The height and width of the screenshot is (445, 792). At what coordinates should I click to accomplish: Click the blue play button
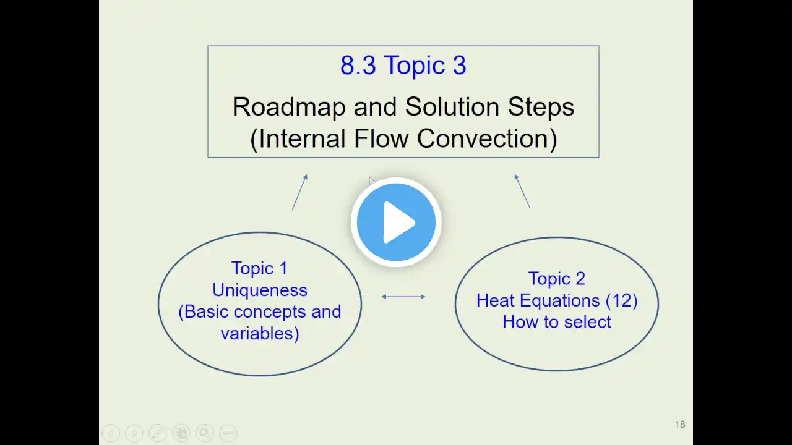pyautogui.click(x=396, y=222)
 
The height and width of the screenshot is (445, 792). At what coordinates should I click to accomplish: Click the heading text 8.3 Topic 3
pyautogui.click(x=403, y=66)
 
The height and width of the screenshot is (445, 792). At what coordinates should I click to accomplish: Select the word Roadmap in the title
pyautogui.click(x=289, y=107)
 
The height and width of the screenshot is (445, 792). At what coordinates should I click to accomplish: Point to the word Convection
pyautogui.click(x=487, y=138)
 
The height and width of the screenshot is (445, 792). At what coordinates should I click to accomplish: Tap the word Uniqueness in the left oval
pyautogui.click(x=260, y=290)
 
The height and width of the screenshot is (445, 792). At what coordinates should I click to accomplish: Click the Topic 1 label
pyautogui.click(x=259, y=268)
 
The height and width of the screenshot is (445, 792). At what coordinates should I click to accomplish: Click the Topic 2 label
pyautogui.click(x=557, y=279)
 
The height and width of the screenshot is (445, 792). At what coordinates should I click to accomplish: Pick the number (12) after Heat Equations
pyautogui.click(x=622, y=300)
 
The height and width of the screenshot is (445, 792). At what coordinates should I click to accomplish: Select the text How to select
pyautogui.click(x=557, y=322)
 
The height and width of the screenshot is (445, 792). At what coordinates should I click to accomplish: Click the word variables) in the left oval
pyautogui.click(x=260, y=333)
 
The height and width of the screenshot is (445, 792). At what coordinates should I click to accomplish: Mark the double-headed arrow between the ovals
pyautogui.click(x=403, y=297)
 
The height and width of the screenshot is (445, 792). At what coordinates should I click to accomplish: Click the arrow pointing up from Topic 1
pyautogui.click(x=300, y=192)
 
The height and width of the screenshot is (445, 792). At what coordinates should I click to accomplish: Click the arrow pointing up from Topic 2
pyautogui.click(x=522, y=191)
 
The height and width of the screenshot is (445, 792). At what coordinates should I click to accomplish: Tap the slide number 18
pyautogui.click(x=680, y=424)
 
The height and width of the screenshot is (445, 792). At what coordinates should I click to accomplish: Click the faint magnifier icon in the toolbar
pyautogui.click(x=205, y=433)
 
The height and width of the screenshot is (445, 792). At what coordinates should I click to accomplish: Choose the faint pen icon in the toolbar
pyautogui.click(x=158, y=433)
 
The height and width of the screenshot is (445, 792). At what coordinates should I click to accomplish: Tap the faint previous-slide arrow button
pyautogui.click(x=111, y=433)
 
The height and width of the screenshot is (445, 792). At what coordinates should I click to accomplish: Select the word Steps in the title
pyautogui.click(x=541, y=107)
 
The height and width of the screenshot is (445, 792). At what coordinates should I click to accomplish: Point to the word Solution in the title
pyautogui.click(x=452, y=107)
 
